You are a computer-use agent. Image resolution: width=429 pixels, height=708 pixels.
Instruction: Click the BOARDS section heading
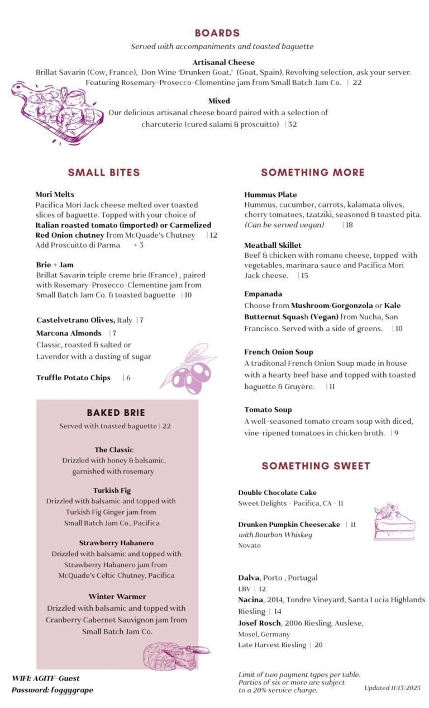click(217, 33)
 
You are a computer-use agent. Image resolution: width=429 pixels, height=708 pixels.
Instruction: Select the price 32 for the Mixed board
click(292, 124)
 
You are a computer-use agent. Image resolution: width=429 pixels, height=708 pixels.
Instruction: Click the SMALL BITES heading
click(104, 172)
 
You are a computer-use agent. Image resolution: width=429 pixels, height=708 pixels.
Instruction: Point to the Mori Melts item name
click(55, 195)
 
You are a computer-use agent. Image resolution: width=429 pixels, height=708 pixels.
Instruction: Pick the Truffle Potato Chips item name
click(73, 378)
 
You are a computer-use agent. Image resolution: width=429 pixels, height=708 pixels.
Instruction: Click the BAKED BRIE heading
click(116, 413)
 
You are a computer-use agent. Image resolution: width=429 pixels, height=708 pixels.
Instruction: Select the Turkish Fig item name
click(112, 490)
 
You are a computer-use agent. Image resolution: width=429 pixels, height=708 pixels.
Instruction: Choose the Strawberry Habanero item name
click(116, 543)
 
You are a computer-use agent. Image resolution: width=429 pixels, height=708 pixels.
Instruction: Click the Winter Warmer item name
click(117, 597)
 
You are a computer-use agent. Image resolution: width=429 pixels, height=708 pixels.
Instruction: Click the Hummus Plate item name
click(270, 195)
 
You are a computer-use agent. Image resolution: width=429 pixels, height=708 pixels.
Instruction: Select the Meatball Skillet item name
click(273, 245)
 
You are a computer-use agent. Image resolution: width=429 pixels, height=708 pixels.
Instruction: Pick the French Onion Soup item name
click(278, 352)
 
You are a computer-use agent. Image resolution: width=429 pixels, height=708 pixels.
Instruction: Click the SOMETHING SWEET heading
click(316, 466)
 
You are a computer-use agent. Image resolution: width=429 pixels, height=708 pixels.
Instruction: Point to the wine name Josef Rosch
click(260, 623)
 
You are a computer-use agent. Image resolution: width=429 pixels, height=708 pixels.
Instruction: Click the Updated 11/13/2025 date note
click(392, 687)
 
